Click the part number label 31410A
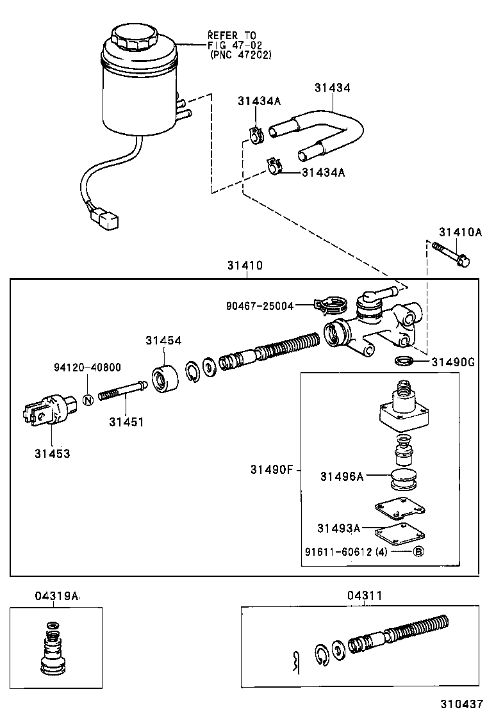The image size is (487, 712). pyautogui.click(x=459, y=232)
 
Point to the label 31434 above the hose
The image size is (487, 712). pyautogui.click(x=332, y=88)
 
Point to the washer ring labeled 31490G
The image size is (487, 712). pyautogui.click(x=403, y=362)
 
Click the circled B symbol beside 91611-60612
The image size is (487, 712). pyautogui.click(x=417, y=551)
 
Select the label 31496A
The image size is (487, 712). pyautogui.click(x=342, y=476)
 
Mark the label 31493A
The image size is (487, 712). pyautogui.click(x=338, y=528)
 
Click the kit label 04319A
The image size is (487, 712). pyautogui.click(x=56, y=596)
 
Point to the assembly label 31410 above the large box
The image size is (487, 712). pyautogui.click(x=244, y=265)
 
